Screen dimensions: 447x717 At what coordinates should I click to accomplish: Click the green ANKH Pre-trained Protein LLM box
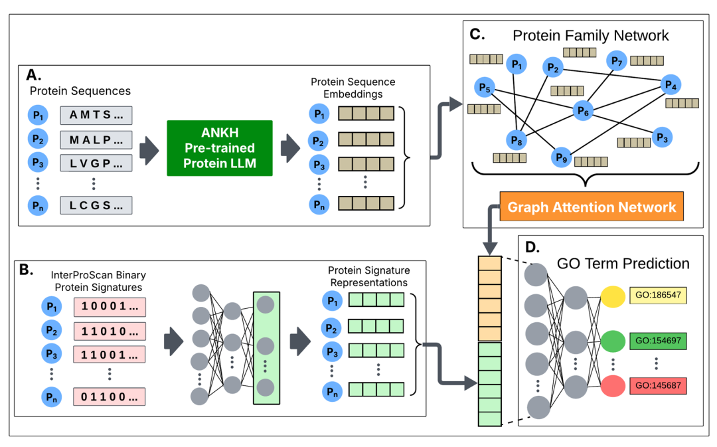point(220,148)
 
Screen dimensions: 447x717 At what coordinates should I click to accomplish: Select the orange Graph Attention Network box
point(592,207)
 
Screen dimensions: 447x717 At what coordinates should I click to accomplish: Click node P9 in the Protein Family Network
point(561,157)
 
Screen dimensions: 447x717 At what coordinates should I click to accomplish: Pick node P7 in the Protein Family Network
point(617,62)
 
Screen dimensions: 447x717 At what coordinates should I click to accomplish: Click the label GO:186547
point(657,295)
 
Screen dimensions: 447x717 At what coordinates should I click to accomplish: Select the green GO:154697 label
point(657,341)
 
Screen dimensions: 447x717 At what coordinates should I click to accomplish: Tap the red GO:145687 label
point(657,386)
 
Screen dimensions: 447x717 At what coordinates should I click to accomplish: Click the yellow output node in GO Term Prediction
point(612,296)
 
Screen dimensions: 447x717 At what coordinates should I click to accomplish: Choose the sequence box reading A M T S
point(96,115)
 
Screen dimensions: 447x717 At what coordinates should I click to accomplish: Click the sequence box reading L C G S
point(96,205)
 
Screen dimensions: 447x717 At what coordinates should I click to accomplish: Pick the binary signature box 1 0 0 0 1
point(110,307)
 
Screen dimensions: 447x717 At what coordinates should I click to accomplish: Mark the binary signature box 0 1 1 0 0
point(110,397)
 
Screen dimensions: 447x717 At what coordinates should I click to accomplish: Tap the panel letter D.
point(531,247)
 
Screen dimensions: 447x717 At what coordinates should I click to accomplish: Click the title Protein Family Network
point(591,35)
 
